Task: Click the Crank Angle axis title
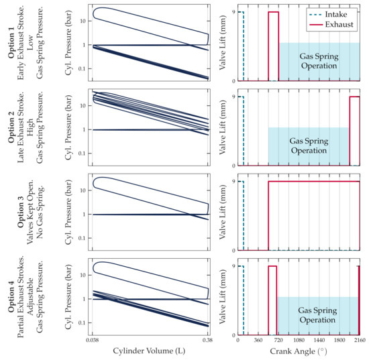pyautogui.click(x=299, y=351)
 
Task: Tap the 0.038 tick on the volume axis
pyautogui.click(x=93, y=341)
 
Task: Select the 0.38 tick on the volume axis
pyautogui.click(x=208, y=341)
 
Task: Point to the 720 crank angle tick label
pyautogui.click(x=278, y=341)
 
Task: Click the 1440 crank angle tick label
pyautogui.click(x=319, y=341)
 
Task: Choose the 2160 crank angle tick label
pyautogui.click(x=359, y=341)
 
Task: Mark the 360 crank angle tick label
pyautogui.click(x=258, y=341)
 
